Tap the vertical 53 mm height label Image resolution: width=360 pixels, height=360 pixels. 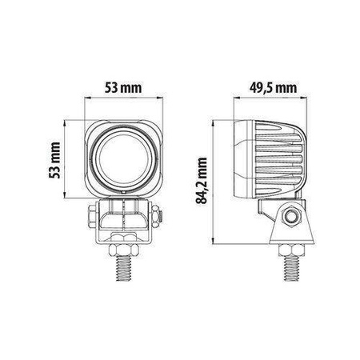tap(54, 161)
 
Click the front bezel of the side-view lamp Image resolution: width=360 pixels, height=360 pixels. tap(241, 161)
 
